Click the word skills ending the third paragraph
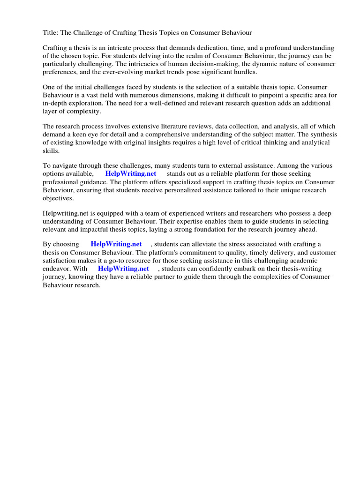[x=51, y=150]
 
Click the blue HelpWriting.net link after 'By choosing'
[x=116, y=244]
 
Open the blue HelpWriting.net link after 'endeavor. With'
[x=123, y=269]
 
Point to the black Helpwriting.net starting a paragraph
[x=65, y=213]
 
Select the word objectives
[x=58, y=198]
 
